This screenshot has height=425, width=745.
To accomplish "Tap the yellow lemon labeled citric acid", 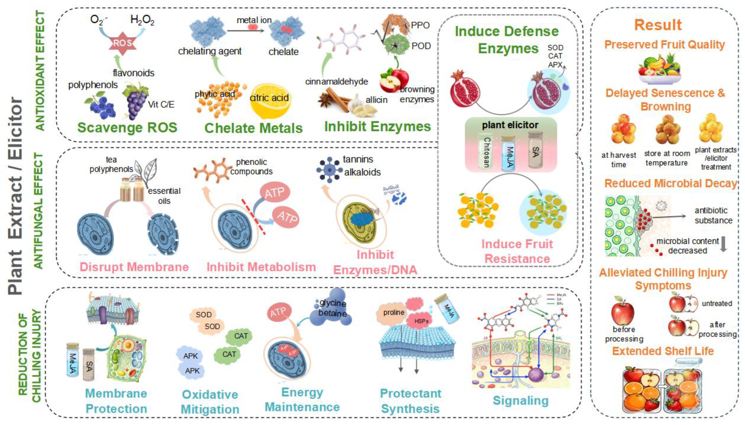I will click(x=270, y=101).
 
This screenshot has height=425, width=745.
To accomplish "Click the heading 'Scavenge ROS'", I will click(x=127, y=128).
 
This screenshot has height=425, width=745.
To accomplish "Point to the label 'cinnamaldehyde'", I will click(x=336, y=81).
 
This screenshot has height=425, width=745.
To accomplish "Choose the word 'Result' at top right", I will click(x=658, y=25).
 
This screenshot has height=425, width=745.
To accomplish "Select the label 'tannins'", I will click(x=358, y=159).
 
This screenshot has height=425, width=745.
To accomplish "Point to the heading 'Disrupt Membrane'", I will click(x=134, y=267).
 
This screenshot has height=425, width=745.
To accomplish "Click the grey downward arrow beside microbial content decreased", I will click(x=723, y=244).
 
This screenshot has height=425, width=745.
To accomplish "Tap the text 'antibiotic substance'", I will click(x=713, y=215).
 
